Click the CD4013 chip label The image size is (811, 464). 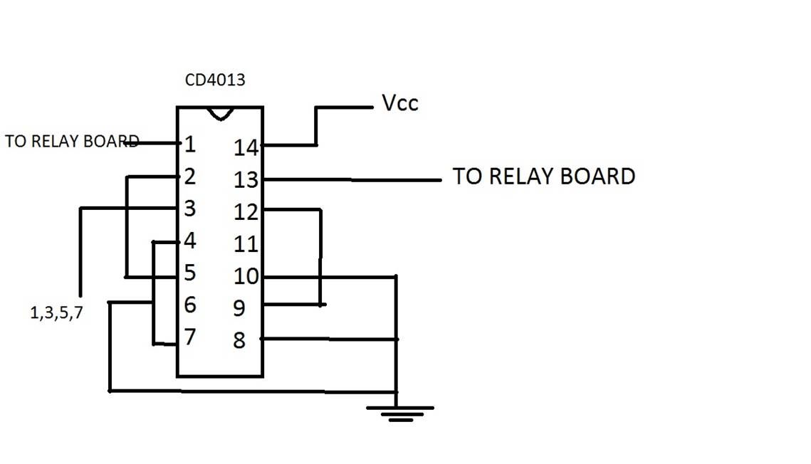coord(214,80)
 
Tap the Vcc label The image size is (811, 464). coord(400,102)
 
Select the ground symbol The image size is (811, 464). coord(400,414)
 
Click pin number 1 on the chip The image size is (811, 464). coord(190,144)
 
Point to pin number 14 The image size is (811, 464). coord(246,148)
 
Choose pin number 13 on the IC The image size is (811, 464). coord(246,180)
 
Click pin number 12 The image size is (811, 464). coord(246,212)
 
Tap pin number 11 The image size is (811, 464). coord(246,244)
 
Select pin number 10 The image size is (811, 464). coord(246,276)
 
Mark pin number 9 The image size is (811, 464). coord(239,308)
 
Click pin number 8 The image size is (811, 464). coord(239,340)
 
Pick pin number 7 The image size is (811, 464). coord(190,337)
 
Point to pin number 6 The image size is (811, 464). coord(190,305)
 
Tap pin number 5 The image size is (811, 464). coord(190,273)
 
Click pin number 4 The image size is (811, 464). coord(190,241)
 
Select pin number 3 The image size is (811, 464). coord(190,209)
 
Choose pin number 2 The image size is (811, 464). coord(190,176)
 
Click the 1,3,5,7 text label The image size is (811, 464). coord(56,312)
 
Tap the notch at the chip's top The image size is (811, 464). coord(220,114)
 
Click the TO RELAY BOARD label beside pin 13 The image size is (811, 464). coord(544,176)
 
